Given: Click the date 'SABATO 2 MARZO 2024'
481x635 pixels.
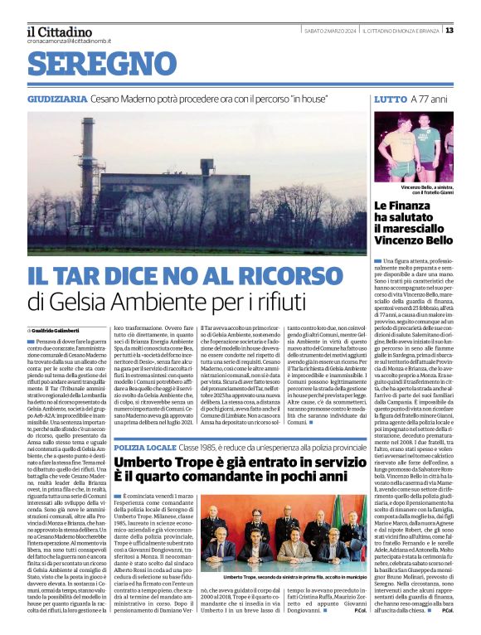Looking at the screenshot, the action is pos(330,31).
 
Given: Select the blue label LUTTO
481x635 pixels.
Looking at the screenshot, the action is pos(390,99).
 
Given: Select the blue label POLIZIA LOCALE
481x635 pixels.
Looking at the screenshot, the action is pos(144,448).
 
